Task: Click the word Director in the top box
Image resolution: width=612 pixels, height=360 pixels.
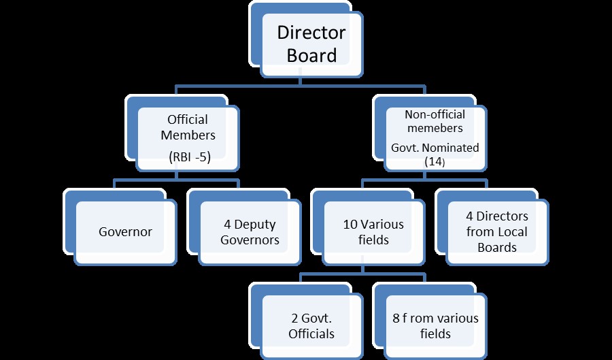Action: [x=311, y=33]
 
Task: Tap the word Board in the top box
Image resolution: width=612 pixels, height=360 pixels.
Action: [x=311, y=55]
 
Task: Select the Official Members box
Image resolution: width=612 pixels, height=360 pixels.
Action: [x=188, y=139]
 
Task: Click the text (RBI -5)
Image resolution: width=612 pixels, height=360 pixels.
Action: [x=190, y=157]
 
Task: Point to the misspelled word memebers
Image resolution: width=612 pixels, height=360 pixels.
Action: [x=435, y=128]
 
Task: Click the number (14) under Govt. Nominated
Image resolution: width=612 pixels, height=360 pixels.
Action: [x=435, y=162]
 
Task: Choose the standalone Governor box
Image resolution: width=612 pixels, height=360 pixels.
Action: [x=125, y=233]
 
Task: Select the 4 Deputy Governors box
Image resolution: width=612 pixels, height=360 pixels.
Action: [x=250, y=233]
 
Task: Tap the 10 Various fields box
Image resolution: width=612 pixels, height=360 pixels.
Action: [x=373, y=233]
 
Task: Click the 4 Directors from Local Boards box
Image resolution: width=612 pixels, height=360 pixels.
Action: [x=497, y=233]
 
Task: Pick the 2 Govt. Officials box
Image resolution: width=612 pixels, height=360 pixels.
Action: [x=311, y=327]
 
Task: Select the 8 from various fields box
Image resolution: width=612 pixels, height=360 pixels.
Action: [x=435, y=327]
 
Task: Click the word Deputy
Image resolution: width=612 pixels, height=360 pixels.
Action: [x=255, y=225]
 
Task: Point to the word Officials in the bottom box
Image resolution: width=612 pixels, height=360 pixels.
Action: [x=311, y=334]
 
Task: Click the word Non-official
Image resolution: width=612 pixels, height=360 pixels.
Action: [x=435, y=114]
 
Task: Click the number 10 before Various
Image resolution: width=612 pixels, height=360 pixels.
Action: [x=350, y=225]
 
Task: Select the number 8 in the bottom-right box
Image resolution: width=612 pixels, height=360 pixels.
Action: [x=396, y=318]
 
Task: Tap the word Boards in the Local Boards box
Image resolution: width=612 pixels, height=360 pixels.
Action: [x=497, y=248]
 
